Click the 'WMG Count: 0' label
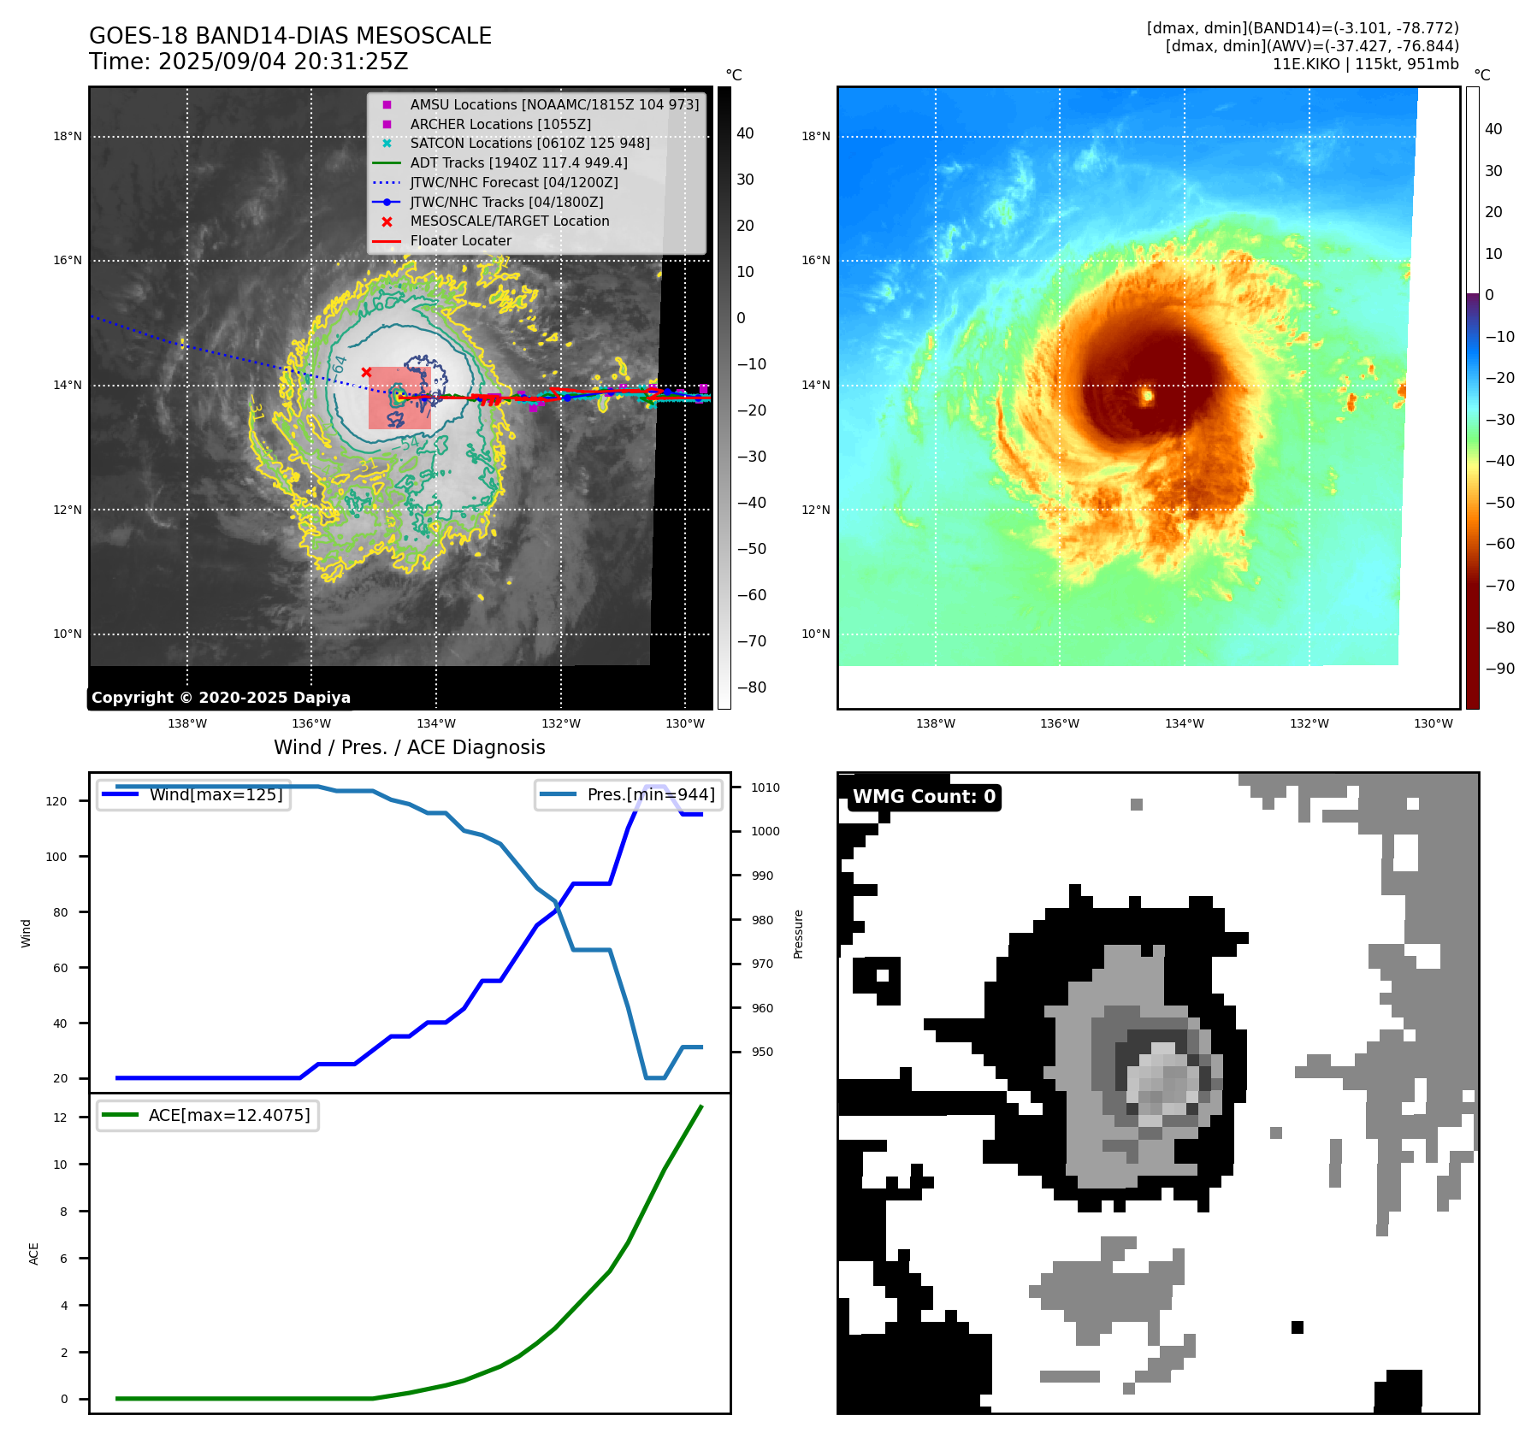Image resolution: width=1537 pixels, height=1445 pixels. [924, 797]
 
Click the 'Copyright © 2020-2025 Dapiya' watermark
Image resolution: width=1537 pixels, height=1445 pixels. [221, 698]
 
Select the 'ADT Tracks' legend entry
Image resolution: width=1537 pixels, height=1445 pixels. [518, 162]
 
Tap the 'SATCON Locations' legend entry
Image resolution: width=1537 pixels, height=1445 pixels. [529, 143]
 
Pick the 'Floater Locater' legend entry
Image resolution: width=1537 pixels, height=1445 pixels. [460, 240]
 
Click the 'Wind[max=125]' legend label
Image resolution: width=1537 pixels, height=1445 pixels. [216, 794]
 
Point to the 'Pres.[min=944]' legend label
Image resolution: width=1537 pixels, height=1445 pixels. [650, 794]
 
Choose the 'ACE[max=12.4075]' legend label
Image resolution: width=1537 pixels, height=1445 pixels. [229, 1115]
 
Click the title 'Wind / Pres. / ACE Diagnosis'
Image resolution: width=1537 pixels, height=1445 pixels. [409, 747]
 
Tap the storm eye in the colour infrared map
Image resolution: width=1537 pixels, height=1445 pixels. [1147, 395]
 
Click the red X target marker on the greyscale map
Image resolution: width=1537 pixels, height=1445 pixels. [366, 372]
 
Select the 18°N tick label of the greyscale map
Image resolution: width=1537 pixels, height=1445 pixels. [68, 136]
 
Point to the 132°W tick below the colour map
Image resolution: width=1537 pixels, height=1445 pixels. [1309, 723]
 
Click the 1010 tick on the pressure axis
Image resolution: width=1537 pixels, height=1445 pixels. [766, 787]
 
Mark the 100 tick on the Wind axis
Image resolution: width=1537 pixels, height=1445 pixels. [56, 857]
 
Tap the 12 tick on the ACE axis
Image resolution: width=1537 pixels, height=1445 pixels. [60, 1118]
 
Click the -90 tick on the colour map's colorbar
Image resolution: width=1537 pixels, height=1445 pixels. [1499, 669]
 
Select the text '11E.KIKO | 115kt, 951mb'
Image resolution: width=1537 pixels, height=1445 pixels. [1365, 64]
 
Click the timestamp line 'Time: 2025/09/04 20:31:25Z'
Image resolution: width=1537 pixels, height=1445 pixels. [248, 62]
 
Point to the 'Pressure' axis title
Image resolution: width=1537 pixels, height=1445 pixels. [799, 934]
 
